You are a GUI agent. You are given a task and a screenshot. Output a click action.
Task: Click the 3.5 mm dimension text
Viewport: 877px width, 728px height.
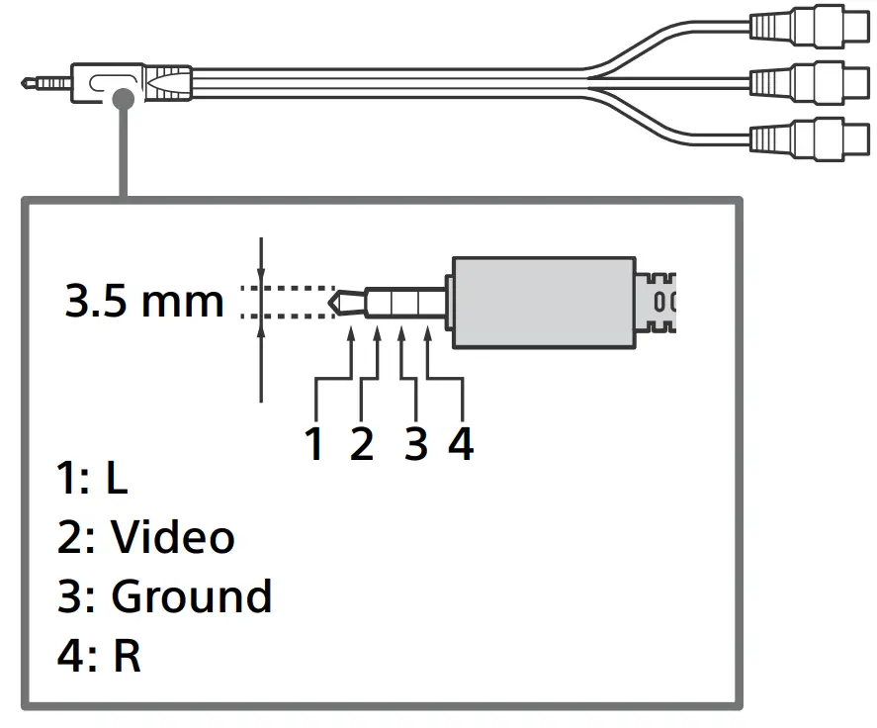coord(144,301)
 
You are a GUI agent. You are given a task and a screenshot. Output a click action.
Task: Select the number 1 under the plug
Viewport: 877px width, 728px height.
coord(314,445)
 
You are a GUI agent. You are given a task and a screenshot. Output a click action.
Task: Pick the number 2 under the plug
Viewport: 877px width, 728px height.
coord(362,445)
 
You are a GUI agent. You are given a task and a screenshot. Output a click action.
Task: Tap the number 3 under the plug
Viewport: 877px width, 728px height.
coord(416,445)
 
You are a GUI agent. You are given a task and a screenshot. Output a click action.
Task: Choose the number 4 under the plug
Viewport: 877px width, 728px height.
coord(461,445)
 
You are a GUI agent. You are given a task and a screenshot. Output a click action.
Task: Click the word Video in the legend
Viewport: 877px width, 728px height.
coord(172,537)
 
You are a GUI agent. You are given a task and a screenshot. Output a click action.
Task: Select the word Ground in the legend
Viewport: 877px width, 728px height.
coord(191,596)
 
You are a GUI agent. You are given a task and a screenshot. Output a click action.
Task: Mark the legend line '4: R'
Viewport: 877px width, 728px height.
coord(99,656)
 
